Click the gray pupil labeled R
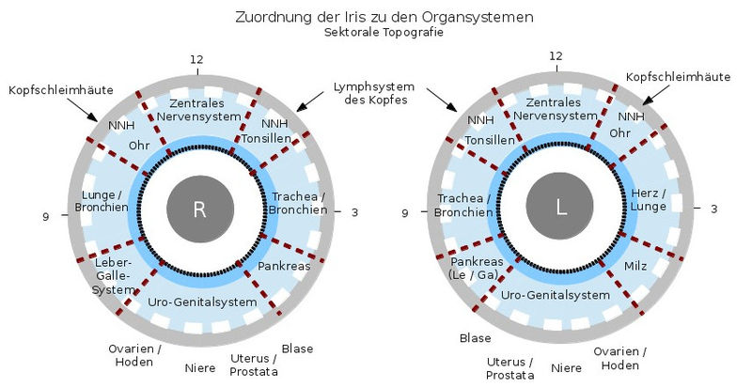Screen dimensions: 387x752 [x=199, y=209]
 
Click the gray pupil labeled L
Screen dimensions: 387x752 [x=561, y=209]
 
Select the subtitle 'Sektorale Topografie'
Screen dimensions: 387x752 [x=376, y=32]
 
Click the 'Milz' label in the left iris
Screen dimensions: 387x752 [x=636, y=267]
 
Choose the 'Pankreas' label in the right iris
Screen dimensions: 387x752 [x=285, y=266]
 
